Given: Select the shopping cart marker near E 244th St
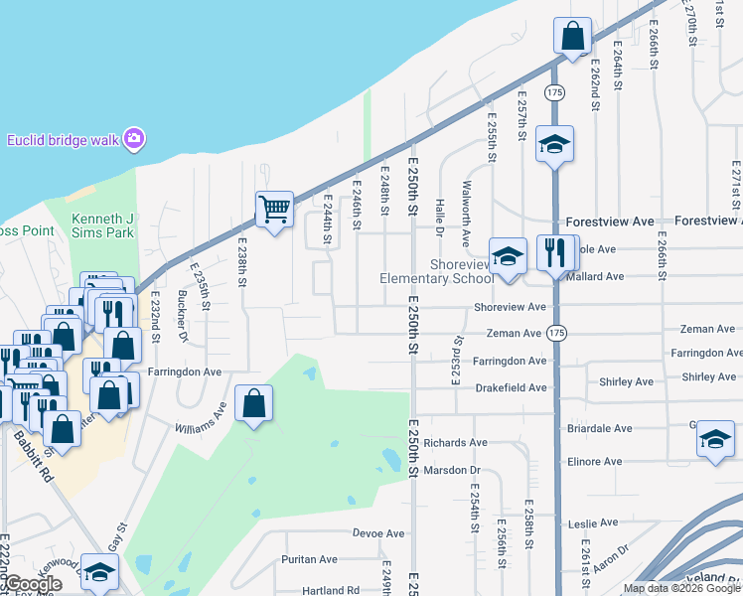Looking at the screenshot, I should (274, 209).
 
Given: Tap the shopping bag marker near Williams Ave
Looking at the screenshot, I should (253, 403).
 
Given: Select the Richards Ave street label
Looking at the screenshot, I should (455, 442).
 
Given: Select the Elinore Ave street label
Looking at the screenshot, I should (594, 462).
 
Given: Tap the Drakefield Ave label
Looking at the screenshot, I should (511, 387).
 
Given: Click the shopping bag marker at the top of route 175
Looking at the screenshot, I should (573, 37).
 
